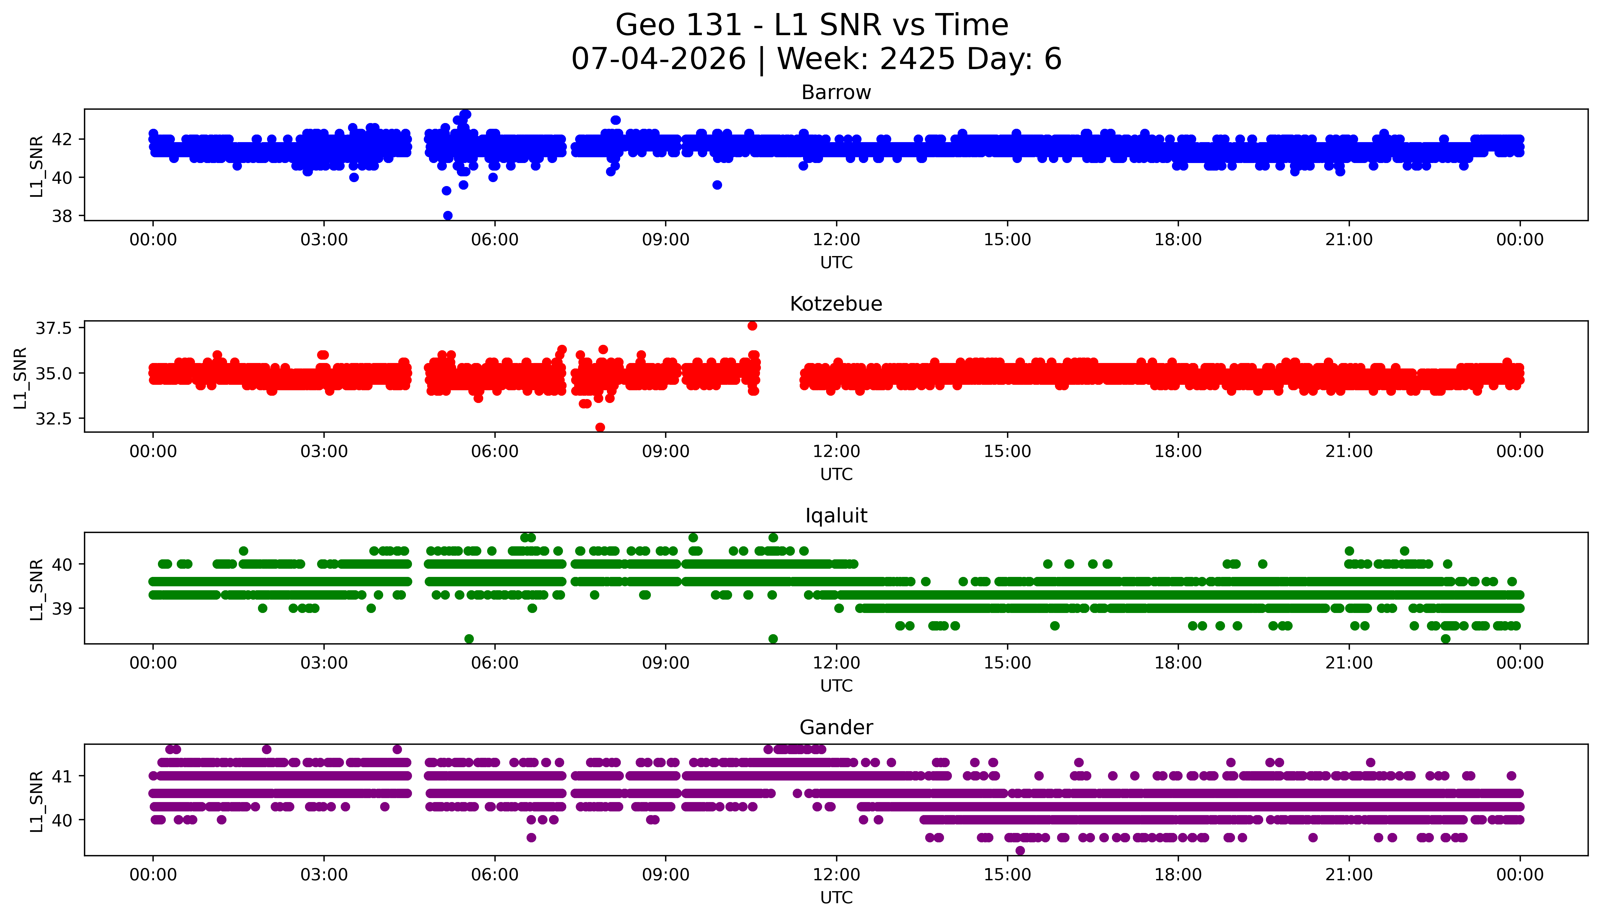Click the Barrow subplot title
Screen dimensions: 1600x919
tap(836, 93)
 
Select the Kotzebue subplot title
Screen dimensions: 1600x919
tap(836, 304)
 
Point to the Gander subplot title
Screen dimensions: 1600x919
tap(836, 728)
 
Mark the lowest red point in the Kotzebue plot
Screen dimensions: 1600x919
tap(600, 427)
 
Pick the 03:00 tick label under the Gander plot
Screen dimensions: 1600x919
tap(324, 875)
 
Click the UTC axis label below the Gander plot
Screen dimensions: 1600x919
tap(836, 897)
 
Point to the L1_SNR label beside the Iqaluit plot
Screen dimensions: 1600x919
tap(37, 589)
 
